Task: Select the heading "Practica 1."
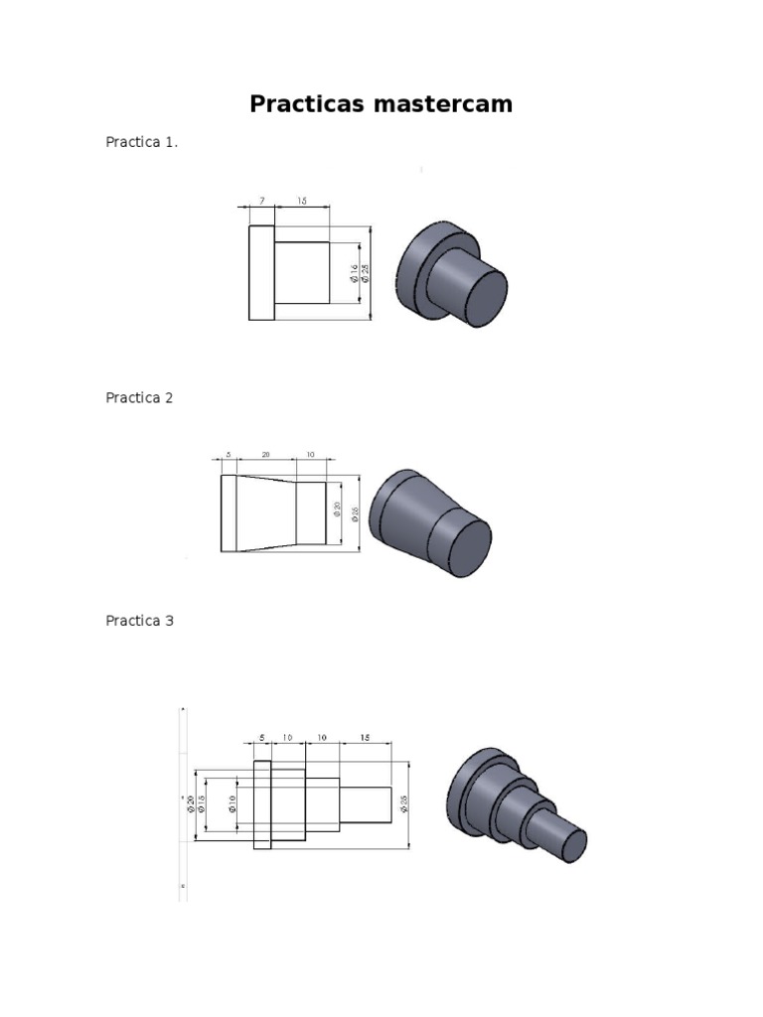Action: point(142,142)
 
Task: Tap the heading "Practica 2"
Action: point(139,397)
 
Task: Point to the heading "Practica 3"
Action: point(139,621)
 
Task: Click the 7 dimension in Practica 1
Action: point(261,201)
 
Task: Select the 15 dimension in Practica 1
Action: point(301,201)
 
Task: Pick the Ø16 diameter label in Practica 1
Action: point(355,273)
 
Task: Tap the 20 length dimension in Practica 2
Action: point(265,454)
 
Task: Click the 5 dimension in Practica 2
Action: point(228,454)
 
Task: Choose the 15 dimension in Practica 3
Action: point(365,737)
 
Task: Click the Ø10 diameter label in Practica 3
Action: point(232,804)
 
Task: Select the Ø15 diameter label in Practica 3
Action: point(202,804)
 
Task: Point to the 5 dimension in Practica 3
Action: point(262,737)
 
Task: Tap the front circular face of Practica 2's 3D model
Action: point(459,547)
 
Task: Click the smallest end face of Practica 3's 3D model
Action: point(571,846)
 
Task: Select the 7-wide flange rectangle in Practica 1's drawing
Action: point(261,272)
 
